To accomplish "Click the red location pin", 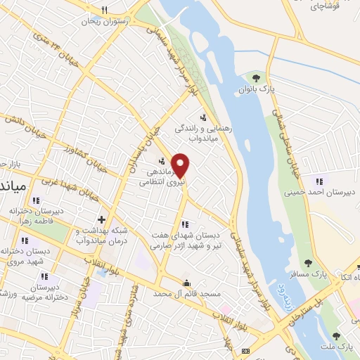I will tap(181, 165).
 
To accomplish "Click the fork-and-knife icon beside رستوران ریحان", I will tap(104, 10).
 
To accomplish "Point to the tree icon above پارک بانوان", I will tap(256, 77).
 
